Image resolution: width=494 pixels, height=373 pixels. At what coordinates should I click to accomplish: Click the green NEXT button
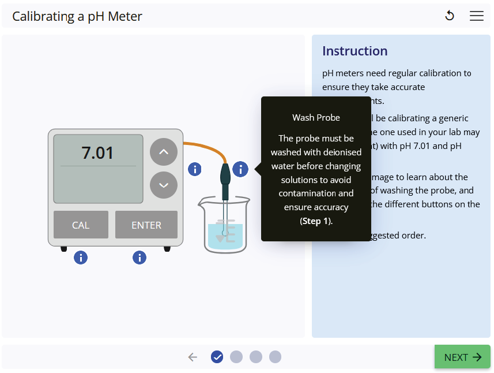pos(462,357)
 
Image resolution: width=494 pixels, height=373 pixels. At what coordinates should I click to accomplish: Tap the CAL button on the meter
pos(81,225)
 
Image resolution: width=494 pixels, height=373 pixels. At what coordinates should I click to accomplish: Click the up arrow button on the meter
pos(164,152)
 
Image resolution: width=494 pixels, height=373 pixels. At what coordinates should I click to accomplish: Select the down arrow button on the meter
pos(164,185)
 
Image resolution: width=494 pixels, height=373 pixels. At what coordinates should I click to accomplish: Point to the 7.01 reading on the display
pos(98,153)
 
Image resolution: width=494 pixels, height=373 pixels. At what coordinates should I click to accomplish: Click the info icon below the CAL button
pos(81,258)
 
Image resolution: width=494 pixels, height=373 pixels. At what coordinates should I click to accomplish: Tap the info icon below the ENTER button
pos(139,258)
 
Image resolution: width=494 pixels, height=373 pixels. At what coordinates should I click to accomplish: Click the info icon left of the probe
pos(195,169)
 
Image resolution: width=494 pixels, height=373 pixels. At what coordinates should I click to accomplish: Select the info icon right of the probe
pos(240,169)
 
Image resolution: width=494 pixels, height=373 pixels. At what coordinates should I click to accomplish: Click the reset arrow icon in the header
pos(450,16)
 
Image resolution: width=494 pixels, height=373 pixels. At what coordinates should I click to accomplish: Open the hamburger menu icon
pos(477,16)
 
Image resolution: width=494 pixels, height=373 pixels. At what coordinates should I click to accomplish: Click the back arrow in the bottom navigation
pos(193,357)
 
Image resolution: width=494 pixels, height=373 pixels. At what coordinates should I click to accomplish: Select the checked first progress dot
pos(217,357)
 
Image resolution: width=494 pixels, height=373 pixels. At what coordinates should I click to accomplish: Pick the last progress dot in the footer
pos(275,357)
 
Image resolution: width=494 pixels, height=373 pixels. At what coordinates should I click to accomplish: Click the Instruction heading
pos(355,51)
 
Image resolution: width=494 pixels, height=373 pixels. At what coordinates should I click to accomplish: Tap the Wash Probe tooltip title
pos(316,117)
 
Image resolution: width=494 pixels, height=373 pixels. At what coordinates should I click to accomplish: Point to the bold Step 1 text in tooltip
pos(316,221)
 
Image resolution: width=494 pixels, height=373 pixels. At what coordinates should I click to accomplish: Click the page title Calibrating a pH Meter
pos(77,16)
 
